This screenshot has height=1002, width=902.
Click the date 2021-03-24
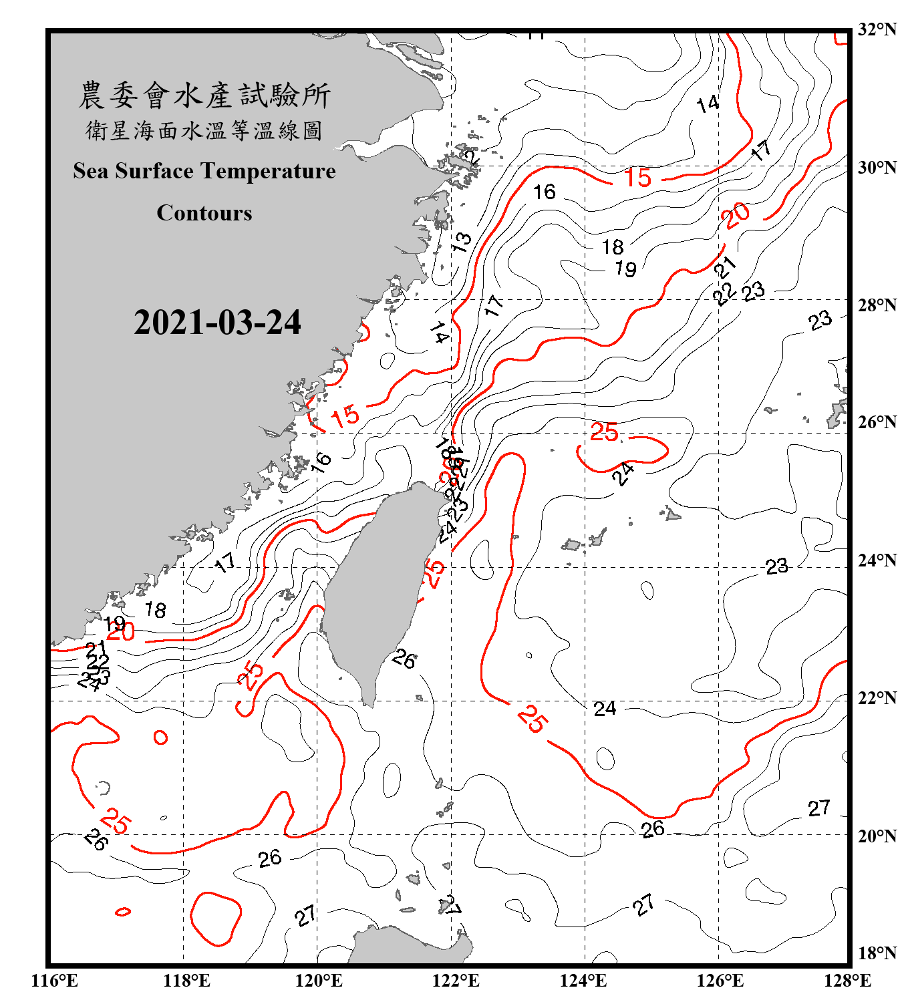[217, 323]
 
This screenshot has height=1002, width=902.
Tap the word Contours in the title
[204, 213]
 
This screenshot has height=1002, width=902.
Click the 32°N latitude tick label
[877, 29]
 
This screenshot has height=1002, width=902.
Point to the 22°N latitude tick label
[877, 698]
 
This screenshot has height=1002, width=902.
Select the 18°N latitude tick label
[877, 953]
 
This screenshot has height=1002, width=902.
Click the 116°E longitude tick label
[55, 981]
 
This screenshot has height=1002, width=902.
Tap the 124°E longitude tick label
[583, 981]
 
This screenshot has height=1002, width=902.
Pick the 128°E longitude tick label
[847, 981]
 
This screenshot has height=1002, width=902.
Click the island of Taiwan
[374, 588]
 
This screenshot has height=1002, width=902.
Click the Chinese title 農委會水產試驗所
[204, 95]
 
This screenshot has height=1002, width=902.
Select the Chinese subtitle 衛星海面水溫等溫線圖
[204, 130]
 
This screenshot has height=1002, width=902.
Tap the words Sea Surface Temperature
[204, 171]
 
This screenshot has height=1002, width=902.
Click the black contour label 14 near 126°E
[708, 104]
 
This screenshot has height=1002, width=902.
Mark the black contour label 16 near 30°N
[545, 192]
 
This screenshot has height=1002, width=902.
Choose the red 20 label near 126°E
[736, 216]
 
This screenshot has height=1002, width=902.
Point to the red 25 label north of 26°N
[604, 432]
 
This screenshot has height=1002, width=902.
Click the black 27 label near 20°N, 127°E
[819, 808]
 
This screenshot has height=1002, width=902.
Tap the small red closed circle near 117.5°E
[160, 737]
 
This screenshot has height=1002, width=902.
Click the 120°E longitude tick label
[319, 981]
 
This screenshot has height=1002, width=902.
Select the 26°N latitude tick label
[877, 422]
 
